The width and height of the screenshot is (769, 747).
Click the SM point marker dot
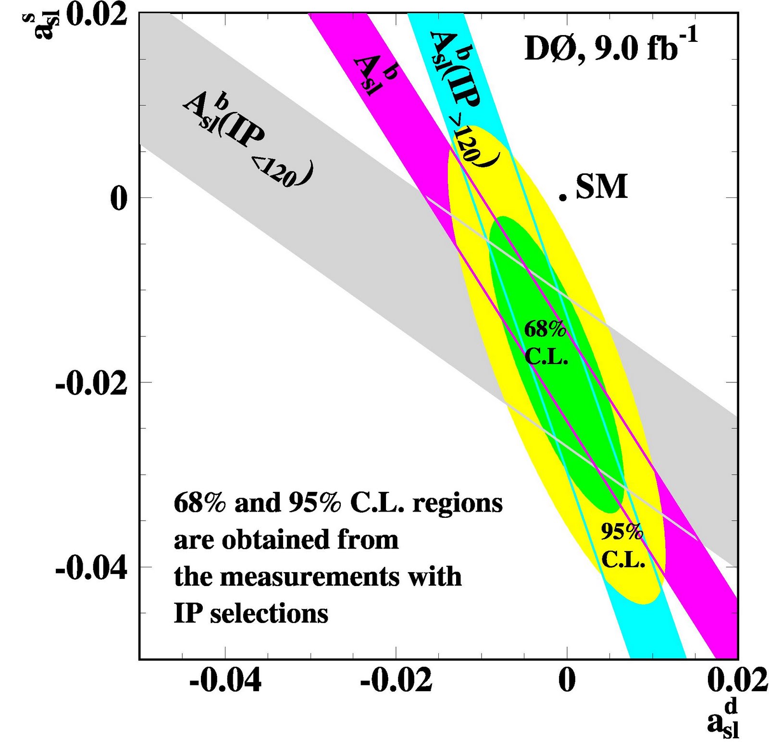tap(562, 196)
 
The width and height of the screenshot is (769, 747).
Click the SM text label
tap(601, 186)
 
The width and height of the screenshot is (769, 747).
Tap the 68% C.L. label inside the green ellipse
tap(546, 342)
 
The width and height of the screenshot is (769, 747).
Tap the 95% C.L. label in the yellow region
tap(622, 545)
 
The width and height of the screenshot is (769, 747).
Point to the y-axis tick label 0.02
tap(96, 14)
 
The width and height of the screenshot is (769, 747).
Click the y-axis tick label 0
tap(119, 198)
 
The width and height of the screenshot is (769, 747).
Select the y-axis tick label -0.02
tap(91, 384)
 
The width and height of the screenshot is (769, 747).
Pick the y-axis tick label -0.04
tap(91, 569)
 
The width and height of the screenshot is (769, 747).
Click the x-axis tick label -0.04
tap(225, 681)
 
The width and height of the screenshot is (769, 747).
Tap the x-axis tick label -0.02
tap(396, 681)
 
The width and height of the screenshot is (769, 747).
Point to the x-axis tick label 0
tap(567, 681)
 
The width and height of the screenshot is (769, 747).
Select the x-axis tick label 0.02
tap(737, 681)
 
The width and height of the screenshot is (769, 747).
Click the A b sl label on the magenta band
tap(375, 74)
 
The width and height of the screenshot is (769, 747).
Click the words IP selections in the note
tap(250, 613)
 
